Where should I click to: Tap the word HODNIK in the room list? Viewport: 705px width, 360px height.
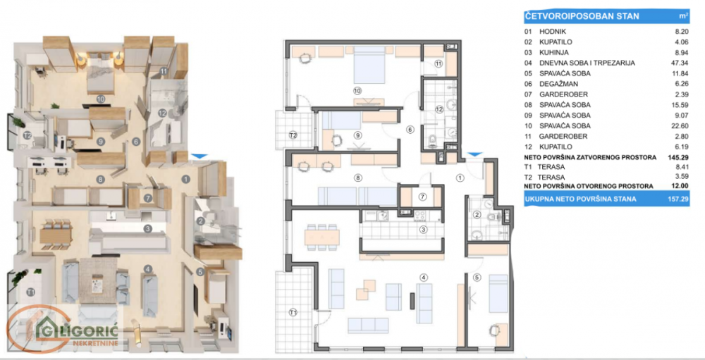point(553,32)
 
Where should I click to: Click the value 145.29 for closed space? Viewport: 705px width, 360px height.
point(678,157)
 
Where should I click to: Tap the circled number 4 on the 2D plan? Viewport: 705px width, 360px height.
point(424,277)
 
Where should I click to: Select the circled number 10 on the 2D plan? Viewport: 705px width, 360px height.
point(357,90)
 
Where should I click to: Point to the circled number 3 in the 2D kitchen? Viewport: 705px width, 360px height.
point(423,229)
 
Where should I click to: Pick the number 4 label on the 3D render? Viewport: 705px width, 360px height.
point(148,268)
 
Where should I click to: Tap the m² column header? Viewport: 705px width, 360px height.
point(682,14)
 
